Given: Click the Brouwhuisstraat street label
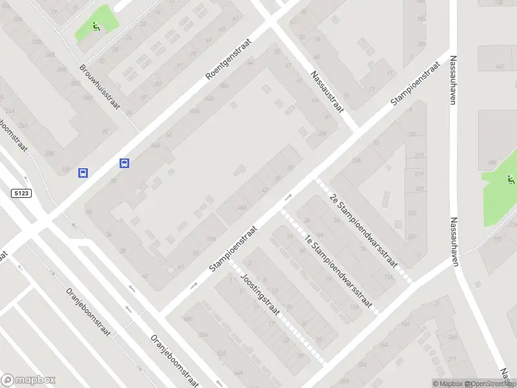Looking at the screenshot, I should pyautogui.click(x=100, y=87).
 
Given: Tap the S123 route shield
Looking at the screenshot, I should pyautogui.click(x=21, y=193).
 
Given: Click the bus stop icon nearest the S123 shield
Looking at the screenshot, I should pyautogui.click(x=83, y=173).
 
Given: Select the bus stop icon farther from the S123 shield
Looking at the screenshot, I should pyautogui.click(x=124, y=164).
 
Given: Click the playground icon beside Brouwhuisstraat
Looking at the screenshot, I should pyautogui.click(x=96, y=27).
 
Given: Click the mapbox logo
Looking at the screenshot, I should pyautogui.click(x=28, y=380).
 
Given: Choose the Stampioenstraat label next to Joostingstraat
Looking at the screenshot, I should pyautogui.click(x=233, y=249).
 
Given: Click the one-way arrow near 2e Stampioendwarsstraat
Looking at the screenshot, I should pyautogui.click(x=288, y=197).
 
